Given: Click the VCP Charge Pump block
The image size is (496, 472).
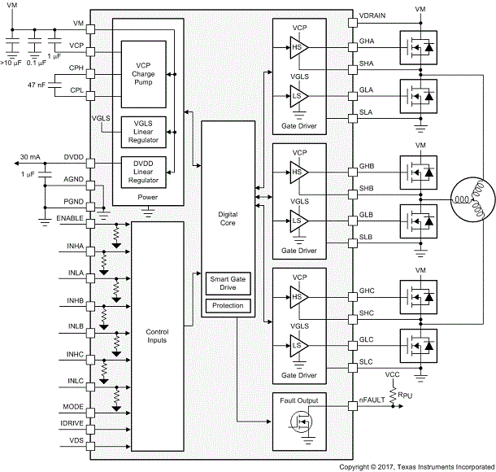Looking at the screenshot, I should pos(143,72).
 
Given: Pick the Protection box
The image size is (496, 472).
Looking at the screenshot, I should pos(228,306).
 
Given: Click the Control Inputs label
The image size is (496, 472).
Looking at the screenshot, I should pos(156,335).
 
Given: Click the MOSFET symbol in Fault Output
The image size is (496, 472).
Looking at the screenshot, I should pos(297,423).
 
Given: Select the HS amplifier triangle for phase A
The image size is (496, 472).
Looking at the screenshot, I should pos(298,46).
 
